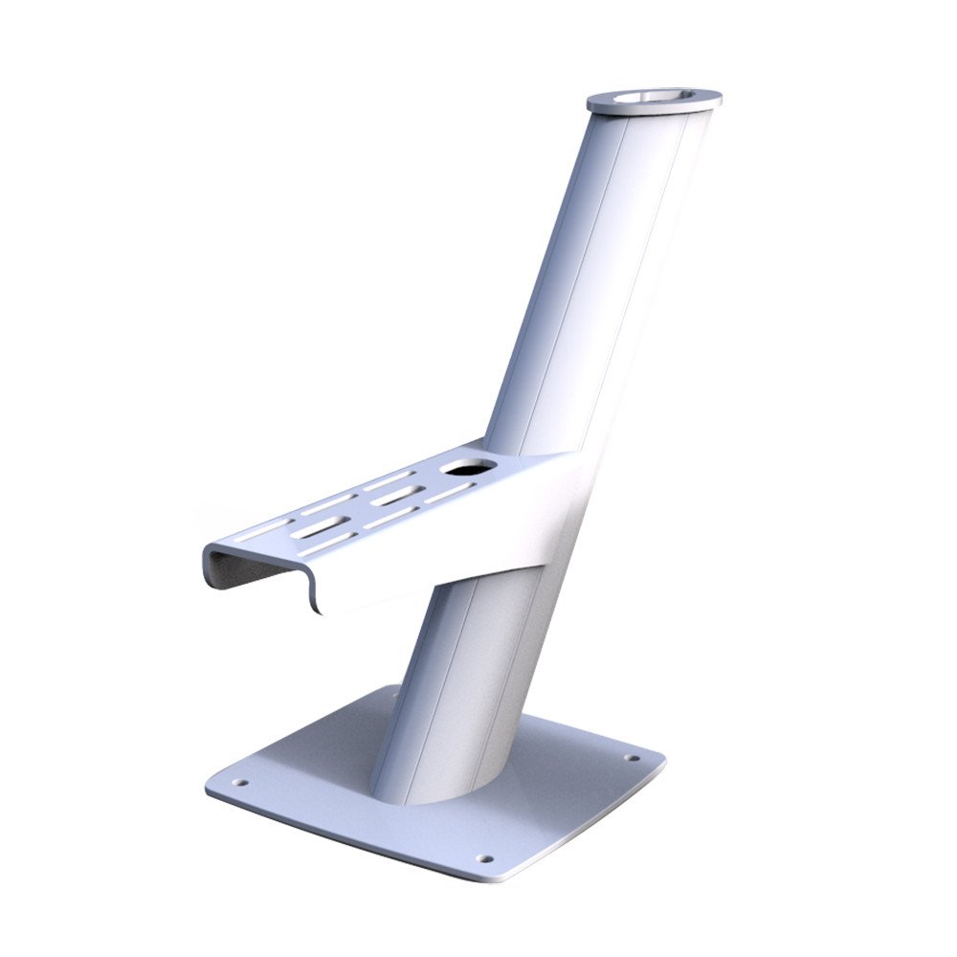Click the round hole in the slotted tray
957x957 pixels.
[469, 469]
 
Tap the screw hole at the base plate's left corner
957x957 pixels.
[239, 782]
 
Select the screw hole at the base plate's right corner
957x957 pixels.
[632, 759]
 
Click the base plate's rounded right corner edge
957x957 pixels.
[660, 761]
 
